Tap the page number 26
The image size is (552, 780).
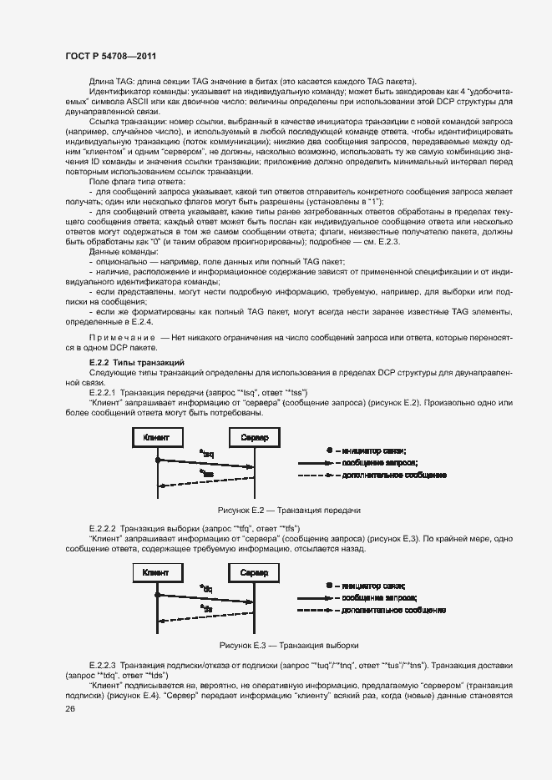[70, 708]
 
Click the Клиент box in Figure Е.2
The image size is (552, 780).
[156, 438]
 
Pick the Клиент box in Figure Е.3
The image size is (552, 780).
[156, 573]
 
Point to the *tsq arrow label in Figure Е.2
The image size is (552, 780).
[206, 454]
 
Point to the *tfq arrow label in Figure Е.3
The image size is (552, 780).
[206, 589]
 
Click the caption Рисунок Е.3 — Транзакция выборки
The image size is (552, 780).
[288, 645]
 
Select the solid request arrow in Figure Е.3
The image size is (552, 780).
[205, 601]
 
